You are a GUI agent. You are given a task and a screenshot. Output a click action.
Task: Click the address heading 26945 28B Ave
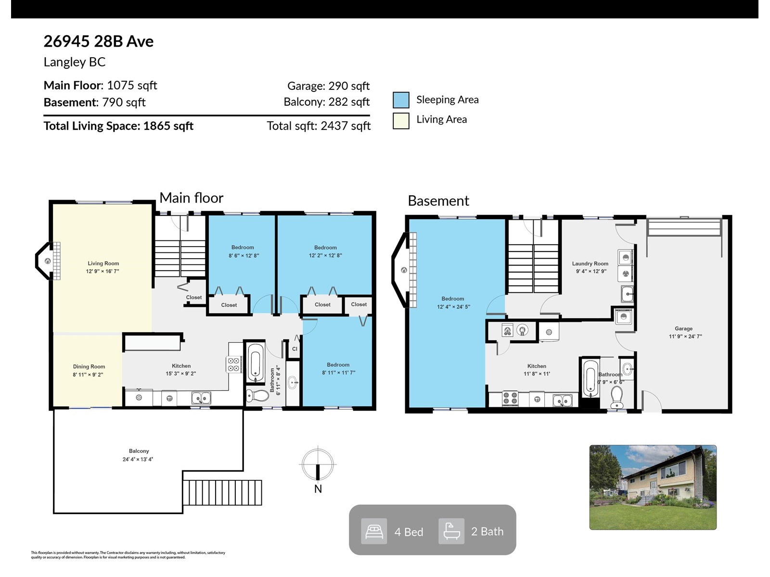pos(98,41)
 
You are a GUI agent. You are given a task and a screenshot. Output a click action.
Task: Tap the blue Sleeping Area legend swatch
pos(400,100)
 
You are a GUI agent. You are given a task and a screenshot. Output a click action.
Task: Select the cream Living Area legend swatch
pos(400,121)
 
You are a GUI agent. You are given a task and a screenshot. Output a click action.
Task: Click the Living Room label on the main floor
pos(103,263)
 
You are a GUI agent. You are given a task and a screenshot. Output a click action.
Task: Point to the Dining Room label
pos(89,366)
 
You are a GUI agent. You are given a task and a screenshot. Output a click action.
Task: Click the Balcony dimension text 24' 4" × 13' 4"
pos(138,459)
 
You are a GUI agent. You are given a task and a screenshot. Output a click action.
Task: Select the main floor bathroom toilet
pos(257,396)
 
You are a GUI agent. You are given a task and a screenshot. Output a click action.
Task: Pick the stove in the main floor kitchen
pos(233,364)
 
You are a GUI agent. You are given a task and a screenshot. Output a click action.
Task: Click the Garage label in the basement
pos(683,328)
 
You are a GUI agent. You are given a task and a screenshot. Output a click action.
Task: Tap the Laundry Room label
pos(590,263)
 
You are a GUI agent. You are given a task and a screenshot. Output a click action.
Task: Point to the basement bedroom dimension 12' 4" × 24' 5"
pos(453,307)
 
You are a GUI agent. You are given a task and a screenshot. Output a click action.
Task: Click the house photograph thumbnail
pos(653,487)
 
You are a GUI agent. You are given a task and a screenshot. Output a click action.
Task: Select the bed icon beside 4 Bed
pos(374,531)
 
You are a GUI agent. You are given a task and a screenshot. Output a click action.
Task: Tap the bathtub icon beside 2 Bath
pos(451,531)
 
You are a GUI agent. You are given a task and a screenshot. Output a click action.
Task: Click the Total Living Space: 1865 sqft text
pos(118,126)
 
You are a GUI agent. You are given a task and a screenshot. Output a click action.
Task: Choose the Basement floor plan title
pos(438,201)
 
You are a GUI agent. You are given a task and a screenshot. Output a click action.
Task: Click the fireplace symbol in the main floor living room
pos(48,261)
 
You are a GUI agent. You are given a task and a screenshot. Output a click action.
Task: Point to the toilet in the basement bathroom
pos(616,397)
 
